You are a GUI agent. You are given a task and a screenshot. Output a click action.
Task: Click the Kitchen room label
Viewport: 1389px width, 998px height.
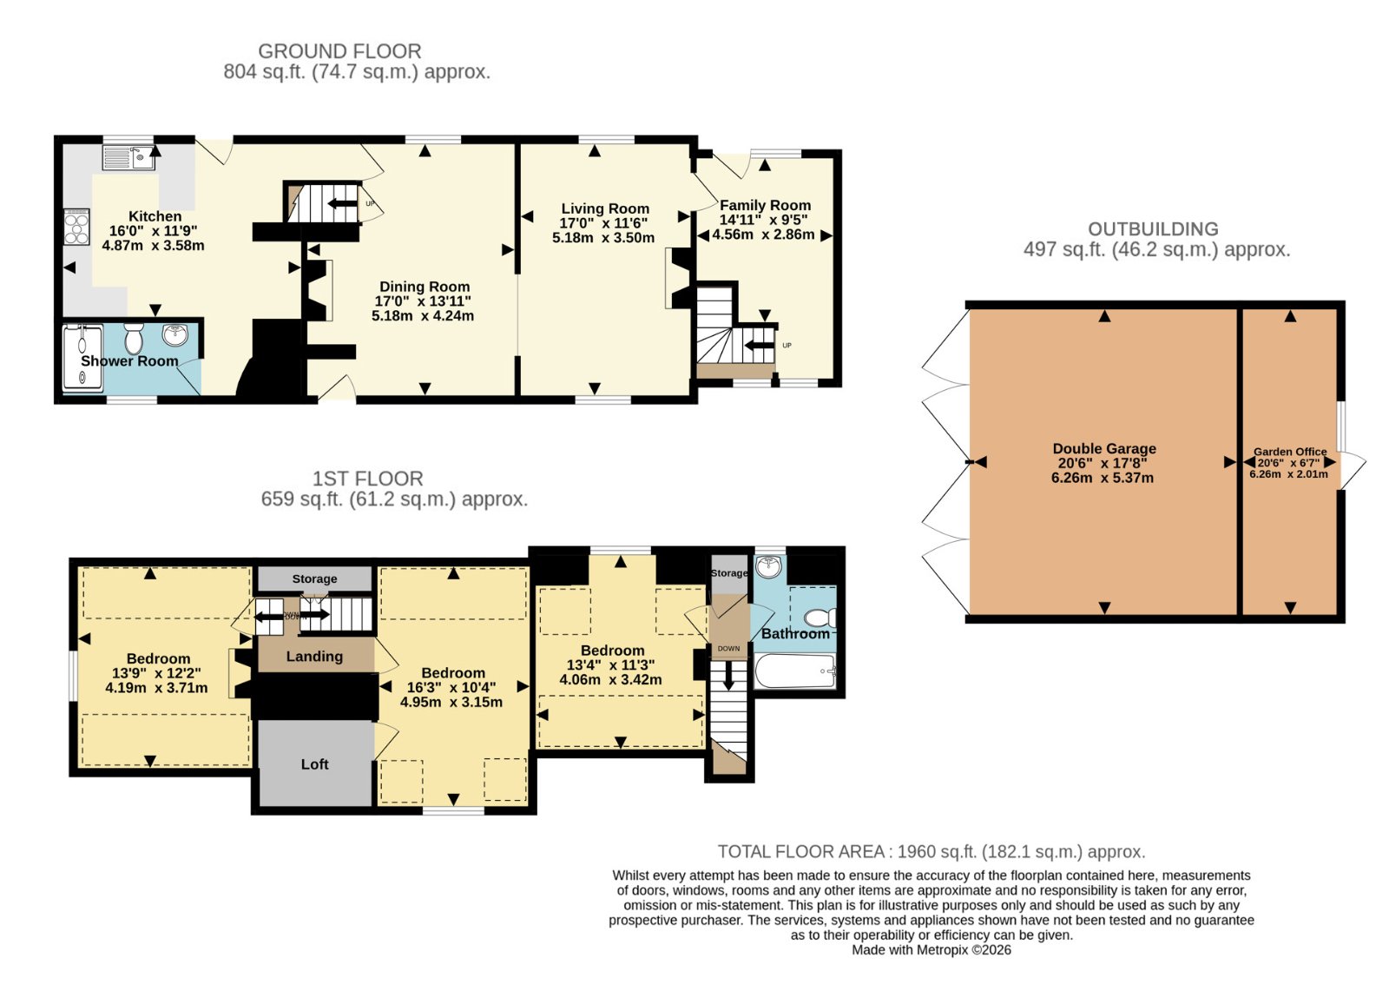(155, 216)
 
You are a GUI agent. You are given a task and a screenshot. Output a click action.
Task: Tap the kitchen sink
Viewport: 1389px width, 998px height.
(129, 157)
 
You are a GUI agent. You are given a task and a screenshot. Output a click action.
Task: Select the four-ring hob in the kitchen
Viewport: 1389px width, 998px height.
(77, 227)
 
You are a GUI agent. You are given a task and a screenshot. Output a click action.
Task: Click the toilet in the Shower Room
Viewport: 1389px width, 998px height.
(134, 338)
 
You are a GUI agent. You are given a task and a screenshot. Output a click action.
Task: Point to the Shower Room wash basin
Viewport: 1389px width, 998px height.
(175, 335)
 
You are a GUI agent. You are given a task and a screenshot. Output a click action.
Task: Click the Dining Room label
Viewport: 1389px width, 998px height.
(425, 287)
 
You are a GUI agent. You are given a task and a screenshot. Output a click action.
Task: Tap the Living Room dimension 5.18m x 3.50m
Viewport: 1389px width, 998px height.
(603, 238)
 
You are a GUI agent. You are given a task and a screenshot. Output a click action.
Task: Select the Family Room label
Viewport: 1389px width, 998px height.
(765, 205)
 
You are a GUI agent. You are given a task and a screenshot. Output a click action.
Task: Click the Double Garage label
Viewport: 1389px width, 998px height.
(1104, 448)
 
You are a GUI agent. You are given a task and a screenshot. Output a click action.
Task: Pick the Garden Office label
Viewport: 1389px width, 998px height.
(1290, 452)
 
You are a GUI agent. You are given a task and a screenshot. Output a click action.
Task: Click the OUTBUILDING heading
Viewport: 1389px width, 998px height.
(1154, 229)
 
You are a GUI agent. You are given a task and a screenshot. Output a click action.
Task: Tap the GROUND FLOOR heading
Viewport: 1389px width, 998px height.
(339, 51)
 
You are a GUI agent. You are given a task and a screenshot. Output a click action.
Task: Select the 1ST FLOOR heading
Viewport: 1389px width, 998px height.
(368, 479)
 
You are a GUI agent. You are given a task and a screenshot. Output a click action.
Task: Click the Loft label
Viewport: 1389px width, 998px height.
(315, 764)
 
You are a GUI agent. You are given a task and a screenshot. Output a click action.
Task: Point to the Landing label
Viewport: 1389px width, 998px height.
(314, 657)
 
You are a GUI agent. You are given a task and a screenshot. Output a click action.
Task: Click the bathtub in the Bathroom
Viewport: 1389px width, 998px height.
(796, 671)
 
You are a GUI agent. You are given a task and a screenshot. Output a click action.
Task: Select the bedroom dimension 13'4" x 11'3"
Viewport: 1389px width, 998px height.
(611, 665)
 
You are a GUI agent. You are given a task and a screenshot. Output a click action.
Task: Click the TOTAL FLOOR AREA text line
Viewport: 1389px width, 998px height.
(931, 851)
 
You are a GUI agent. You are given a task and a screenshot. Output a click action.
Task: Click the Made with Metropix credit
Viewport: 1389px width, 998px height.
(931, 950)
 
